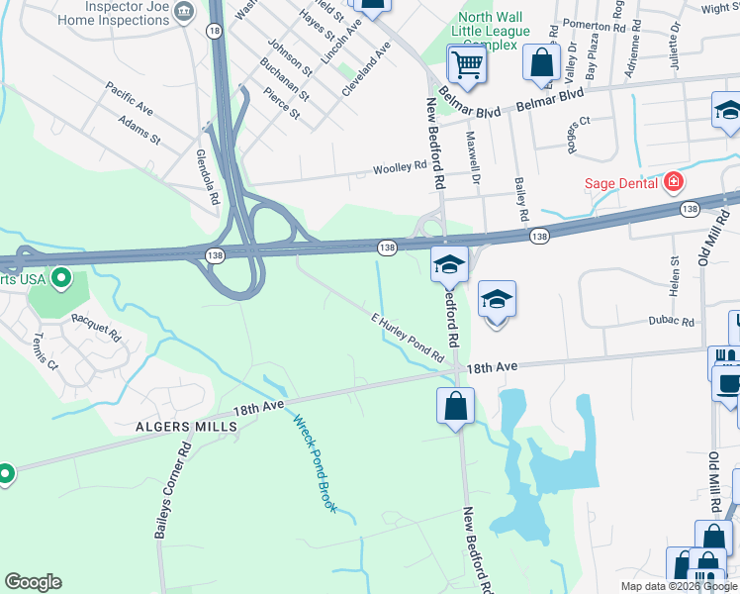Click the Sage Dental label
click(620, 182)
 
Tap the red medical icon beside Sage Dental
click(674, 182)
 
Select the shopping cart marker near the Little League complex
click(467, 65)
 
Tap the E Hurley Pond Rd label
click(407, 337)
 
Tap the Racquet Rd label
click(94, 327)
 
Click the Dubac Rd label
click(672, 322)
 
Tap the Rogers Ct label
click(578, 135)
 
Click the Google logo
click(33, 582)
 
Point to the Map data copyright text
click(679, 586)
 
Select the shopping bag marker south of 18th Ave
click(455, 407)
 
